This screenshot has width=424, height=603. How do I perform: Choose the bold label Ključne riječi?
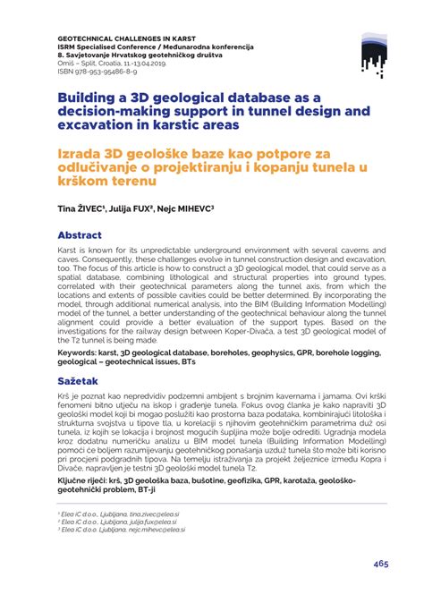click(88, 479)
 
